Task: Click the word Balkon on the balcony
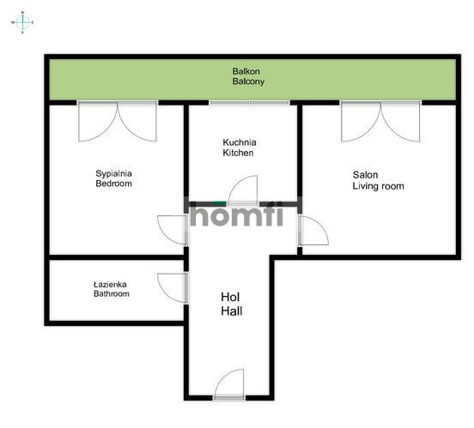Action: (246, 71)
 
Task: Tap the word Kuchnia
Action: (240, 142)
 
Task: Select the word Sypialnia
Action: (113, 173)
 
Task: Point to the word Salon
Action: (365, 175)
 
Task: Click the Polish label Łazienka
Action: (110, 284)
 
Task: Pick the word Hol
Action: (230, 298)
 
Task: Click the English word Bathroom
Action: (112, 294)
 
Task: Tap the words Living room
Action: (378, 186)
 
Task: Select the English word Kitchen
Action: (238, 153)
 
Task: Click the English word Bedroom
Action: (113, 184)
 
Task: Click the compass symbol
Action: (22, 22)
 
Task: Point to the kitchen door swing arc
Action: (236, 183)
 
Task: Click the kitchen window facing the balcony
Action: (249, 103)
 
